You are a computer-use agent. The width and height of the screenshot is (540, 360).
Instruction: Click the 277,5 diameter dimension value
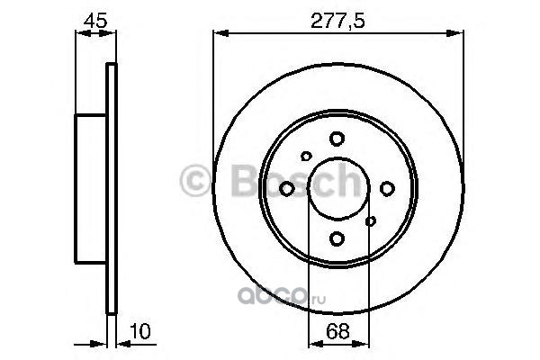[337, 22]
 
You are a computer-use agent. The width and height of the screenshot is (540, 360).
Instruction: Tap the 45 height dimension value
[95, 21]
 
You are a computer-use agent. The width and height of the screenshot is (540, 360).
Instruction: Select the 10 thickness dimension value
[140, 331]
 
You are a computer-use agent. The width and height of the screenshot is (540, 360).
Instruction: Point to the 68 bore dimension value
[337, 331]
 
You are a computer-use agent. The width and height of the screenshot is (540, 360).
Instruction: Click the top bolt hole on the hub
[337, 139]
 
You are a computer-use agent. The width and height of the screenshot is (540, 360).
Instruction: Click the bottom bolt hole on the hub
[337, 238]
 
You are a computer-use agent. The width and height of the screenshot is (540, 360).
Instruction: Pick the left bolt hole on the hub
[287, 189]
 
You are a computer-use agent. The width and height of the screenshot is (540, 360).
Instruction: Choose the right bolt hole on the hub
[387, 188]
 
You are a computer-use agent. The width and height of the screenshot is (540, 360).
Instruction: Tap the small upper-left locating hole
[306, 156]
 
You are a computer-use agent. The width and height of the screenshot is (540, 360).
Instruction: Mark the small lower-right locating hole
[371, 221]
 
